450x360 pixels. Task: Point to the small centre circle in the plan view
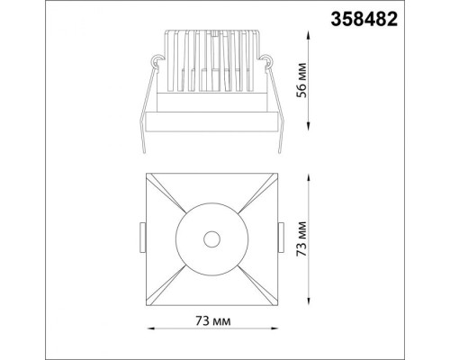click(212, 238)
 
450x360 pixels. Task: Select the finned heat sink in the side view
click(212, 58)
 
